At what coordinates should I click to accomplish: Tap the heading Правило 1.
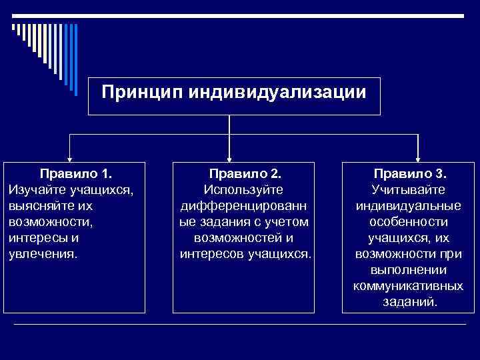(x=75, y=175)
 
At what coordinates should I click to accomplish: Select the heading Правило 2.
(x=243, y=175)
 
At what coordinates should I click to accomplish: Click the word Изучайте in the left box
(x=34, y=190)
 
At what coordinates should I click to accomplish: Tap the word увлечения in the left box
(x=43, y=254)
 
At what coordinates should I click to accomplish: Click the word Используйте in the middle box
(x=243, y=190)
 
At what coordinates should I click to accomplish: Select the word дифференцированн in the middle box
(x=243, y=206)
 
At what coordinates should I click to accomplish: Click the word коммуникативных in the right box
(x=409, y=286)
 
